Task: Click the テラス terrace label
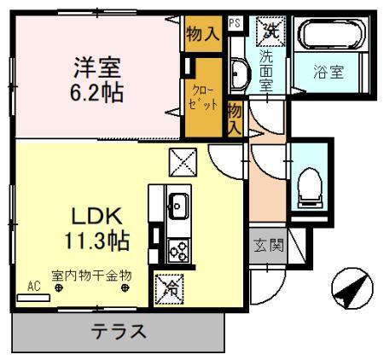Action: (119, 332)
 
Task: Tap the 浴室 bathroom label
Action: (329, 73)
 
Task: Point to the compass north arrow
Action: (351, 290)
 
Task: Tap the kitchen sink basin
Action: (178, 206)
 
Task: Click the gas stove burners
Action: (180, 249)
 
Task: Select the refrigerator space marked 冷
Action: (168, 288)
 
